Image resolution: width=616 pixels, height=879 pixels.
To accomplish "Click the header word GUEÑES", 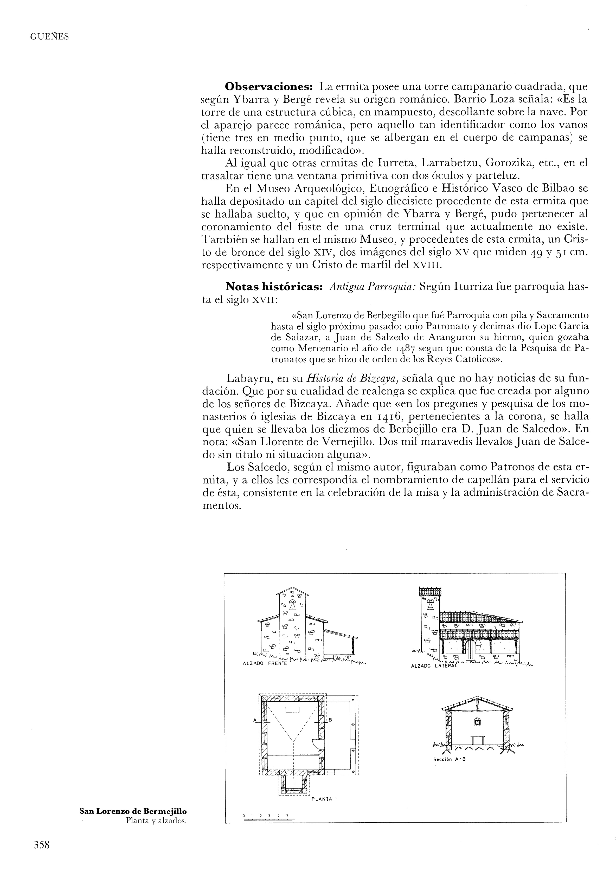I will click(49, 37).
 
